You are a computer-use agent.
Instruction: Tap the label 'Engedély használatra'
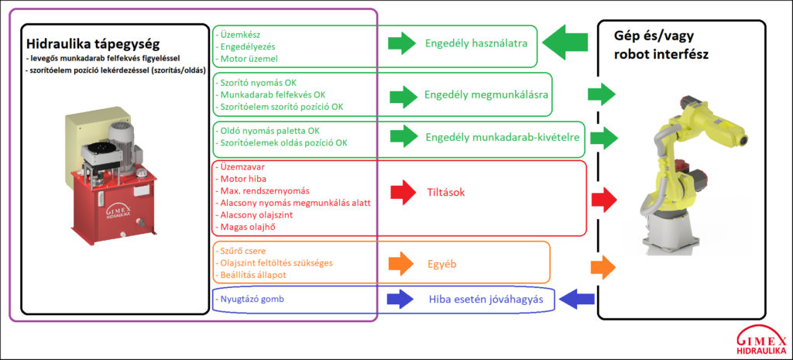[475, 43]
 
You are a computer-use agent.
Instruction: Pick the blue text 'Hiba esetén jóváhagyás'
[486, 300]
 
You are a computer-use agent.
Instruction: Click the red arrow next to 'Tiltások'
[403, 191]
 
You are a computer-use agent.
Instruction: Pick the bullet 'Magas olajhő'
[246, 227]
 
